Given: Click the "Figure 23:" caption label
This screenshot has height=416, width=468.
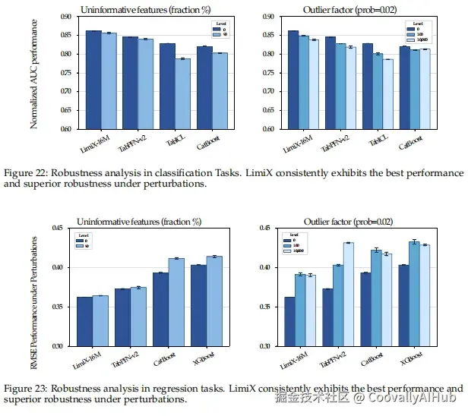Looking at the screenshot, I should point(25,388).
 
